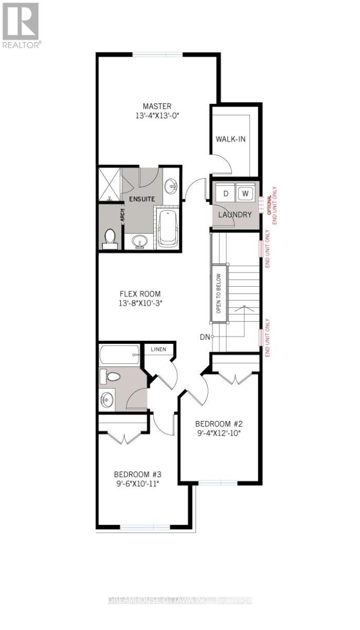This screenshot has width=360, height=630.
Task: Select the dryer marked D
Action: tap(226, 193)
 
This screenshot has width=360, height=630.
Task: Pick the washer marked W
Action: tap(245, 193)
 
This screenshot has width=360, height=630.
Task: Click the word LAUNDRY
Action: tap(236, 215)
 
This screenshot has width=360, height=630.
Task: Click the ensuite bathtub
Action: tap(168, 228)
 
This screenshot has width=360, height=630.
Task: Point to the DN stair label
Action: tap(205, 336)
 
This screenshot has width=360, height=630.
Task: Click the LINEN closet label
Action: tap(158, 349)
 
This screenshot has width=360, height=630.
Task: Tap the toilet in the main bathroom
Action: tap(111, 376)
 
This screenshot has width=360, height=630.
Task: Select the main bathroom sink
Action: tap(107, 400)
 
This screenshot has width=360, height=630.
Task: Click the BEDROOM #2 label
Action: tap(218, 424)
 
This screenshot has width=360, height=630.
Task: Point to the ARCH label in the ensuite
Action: tap(122, 215)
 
